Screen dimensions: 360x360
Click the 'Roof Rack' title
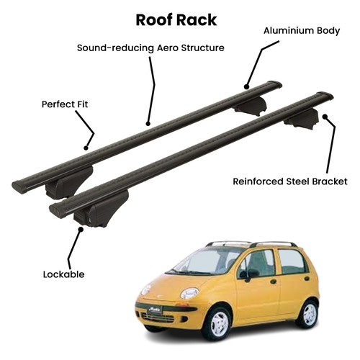click(176, 20)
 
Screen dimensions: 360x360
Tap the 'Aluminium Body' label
click(302, 31)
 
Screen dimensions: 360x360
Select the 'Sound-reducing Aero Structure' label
click(150, 48)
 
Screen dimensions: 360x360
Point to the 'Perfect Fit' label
click(65, 104)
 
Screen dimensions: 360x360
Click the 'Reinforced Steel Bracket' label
click(290, 181)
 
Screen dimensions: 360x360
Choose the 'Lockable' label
click(63, 274)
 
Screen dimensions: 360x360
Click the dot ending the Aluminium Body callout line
click(246, 86)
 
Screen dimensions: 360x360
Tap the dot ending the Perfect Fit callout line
click(86, 148)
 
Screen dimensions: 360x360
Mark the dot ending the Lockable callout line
click(81, 229)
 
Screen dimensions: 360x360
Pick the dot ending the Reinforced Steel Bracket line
click(325, 117)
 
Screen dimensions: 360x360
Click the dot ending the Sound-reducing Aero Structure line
click(148, 124)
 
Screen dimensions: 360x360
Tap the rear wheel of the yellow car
click(309, 314)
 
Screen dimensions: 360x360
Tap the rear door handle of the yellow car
click(307, 279)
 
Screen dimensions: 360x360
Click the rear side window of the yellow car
click(292, 262)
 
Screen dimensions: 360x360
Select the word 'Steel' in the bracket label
click(298, 181)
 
